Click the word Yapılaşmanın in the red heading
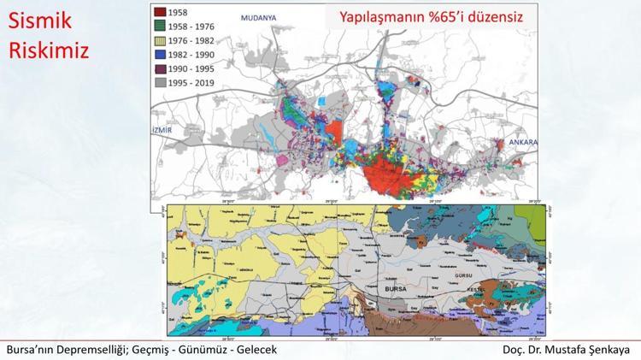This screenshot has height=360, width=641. [381, 17]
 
